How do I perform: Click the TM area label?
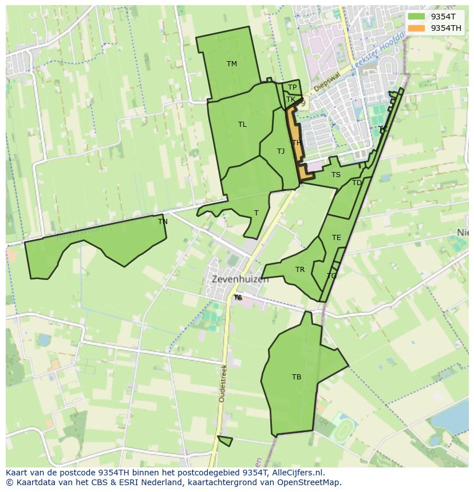point(231,64)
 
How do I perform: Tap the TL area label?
point(242,125)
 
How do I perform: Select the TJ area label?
point(281,151)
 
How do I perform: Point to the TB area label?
point(296,377)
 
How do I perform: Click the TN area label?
point(163,222)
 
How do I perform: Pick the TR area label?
point(300,270)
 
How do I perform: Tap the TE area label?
point(336,238)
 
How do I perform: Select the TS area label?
point(335,175)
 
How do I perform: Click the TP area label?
point(292,87)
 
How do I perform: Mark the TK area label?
point(291,99)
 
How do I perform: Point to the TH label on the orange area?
point(296,143)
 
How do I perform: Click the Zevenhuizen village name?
point(240,280)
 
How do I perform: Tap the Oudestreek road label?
point(222,383)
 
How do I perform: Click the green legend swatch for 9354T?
point(416,17)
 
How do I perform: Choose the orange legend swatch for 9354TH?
point(416,28)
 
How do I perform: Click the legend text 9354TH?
point(446,28)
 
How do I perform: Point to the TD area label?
point(357,183)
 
